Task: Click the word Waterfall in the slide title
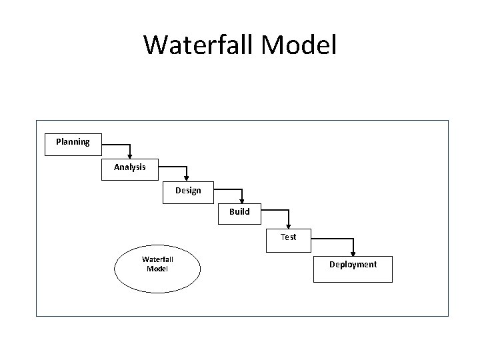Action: click(x=193, y=45)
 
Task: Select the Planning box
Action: click(x=73, y=145)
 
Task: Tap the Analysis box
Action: click(x=130, y=169)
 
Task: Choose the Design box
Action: click(x=188, y=193)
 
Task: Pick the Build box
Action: click(x=239, y=214)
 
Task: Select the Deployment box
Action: click(x=353, y=269)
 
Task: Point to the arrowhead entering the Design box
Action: click(x=188, y=178)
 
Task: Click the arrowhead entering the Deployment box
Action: click(x=353, y=253)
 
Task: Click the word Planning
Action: click(x=73, y=141)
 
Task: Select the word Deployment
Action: click(x=353, y=265)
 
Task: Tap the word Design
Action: click(x=188, y=191)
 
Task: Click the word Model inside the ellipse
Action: click(x=157, y=269)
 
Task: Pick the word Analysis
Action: click(x=130, y=167)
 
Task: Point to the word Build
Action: click(x=239, y=212)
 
